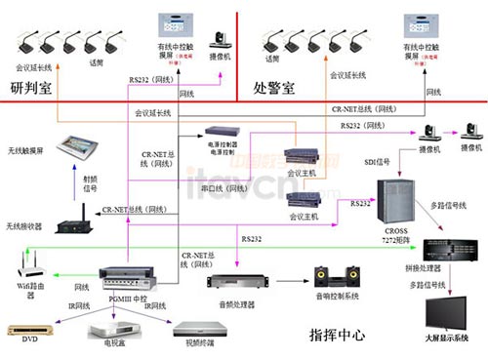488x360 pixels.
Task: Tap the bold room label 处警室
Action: [x=275, y=88]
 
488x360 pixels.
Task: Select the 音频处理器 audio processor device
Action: [x=236, y=280]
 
